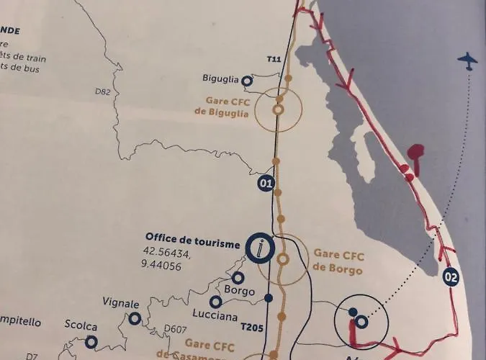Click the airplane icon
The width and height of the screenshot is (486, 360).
tap(467, 61)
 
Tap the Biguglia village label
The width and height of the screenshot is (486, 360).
tap(220, 80)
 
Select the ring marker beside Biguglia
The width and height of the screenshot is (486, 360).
tap(247, 81)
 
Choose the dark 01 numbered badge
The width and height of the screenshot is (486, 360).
tap(266, 184)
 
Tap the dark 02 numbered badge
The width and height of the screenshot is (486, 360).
tap(451, 276)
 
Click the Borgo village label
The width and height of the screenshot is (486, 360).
tap(240, 291)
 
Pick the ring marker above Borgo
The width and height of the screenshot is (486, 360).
tap(238, 277)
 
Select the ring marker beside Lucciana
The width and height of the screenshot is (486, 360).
tap(215, 302)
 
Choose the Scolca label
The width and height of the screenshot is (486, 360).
tap(81, 326)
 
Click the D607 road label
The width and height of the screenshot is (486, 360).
tap(176, 329)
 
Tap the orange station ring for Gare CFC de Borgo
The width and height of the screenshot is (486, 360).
tap(283, 258)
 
